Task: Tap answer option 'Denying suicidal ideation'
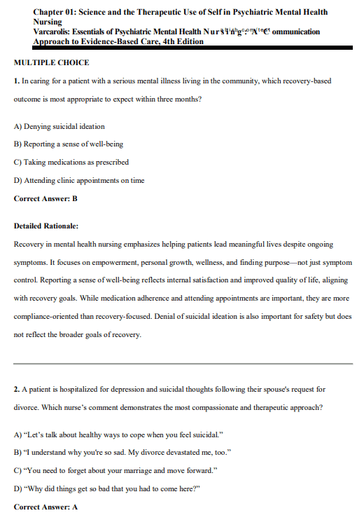(59, 126)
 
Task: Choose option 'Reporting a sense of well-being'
(69, 144)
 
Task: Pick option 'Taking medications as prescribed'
(71, 162)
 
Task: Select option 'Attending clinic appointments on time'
(79, 180)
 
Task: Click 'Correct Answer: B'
(45, 198)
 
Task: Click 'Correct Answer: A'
(45, 506)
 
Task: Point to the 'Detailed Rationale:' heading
(46, 226)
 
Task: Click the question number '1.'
(17, 81)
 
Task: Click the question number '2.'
(17, 388)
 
